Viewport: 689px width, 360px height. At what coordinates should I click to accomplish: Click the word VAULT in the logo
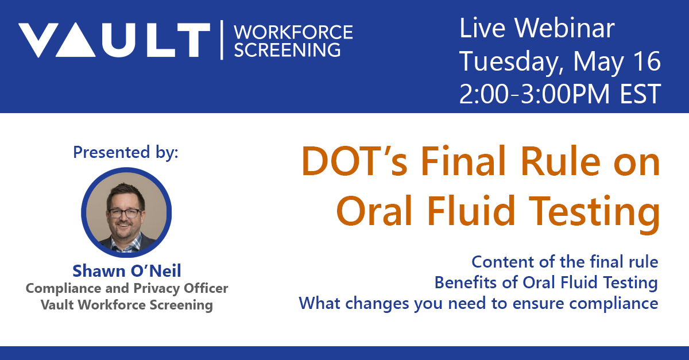point(114,40)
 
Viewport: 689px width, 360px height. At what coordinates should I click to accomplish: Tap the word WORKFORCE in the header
point(294,32)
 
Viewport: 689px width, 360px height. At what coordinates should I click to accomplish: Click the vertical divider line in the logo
point(222,40)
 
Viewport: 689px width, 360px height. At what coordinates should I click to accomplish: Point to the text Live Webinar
point(537,29)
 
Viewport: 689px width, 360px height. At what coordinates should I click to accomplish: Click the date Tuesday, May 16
point(560,61)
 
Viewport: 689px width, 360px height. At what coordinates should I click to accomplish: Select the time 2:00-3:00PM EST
point(560,94)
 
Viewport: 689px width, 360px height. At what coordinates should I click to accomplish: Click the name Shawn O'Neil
point(126,270)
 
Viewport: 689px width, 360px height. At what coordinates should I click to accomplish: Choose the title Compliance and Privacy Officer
point(126,288)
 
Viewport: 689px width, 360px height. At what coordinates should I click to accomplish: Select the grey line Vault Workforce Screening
point(126,304)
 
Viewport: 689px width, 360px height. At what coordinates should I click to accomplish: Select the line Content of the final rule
point(564,262)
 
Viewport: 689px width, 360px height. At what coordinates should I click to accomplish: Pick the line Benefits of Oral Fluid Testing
point(545,282)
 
